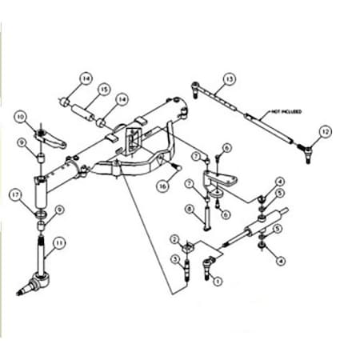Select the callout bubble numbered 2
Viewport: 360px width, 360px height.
coord(174,240)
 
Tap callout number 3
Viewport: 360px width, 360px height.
coord(174,258)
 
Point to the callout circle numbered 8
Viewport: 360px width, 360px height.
coord(189,210)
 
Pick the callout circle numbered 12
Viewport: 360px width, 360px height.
coord(324,130)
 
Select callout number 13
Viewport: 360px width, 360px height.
coord(230,78)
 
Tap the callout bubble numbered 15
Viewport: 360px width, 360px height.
coord(104,89)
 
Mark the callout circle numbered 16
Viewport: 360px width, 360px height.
coord(163,185)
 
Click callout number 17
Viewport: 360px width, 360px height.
coord(14,194)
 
